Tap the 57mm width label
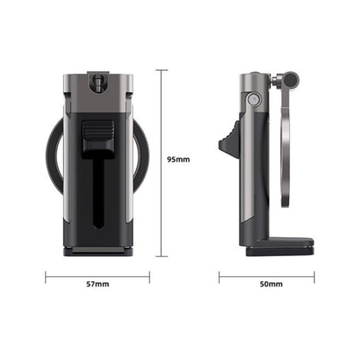[98, 284]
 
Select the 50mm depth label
[270, 284]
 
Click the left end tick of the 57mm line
[45, 278]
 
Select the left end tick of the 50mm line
[219, 278]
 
